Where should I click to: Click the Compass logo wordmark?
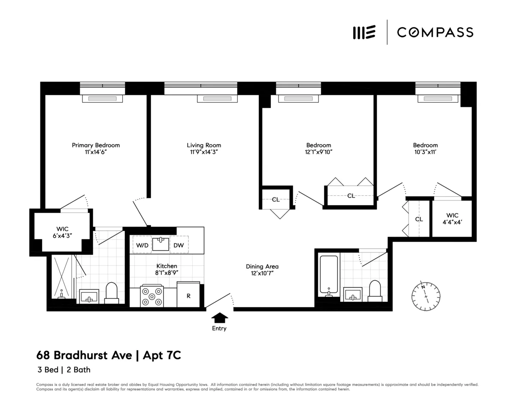435,32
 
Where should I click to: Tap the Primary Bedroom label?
96,145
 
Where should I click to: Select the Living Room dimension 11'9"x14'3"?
204,152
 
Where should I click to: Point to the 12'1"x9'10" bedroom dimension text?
318,152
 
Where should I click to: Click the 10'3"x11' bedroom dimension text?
425,152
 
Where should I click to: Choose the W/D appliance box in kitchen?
142,245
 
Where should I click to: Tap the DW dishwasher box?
179,245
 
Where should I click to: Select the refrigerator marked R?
188,295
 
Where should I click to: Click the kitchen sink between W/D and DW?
161,244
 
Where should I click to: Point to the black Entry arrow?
220,318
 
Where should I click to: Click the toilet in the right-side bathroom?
375,291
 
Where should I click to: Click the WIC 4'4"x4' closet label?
452,219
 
